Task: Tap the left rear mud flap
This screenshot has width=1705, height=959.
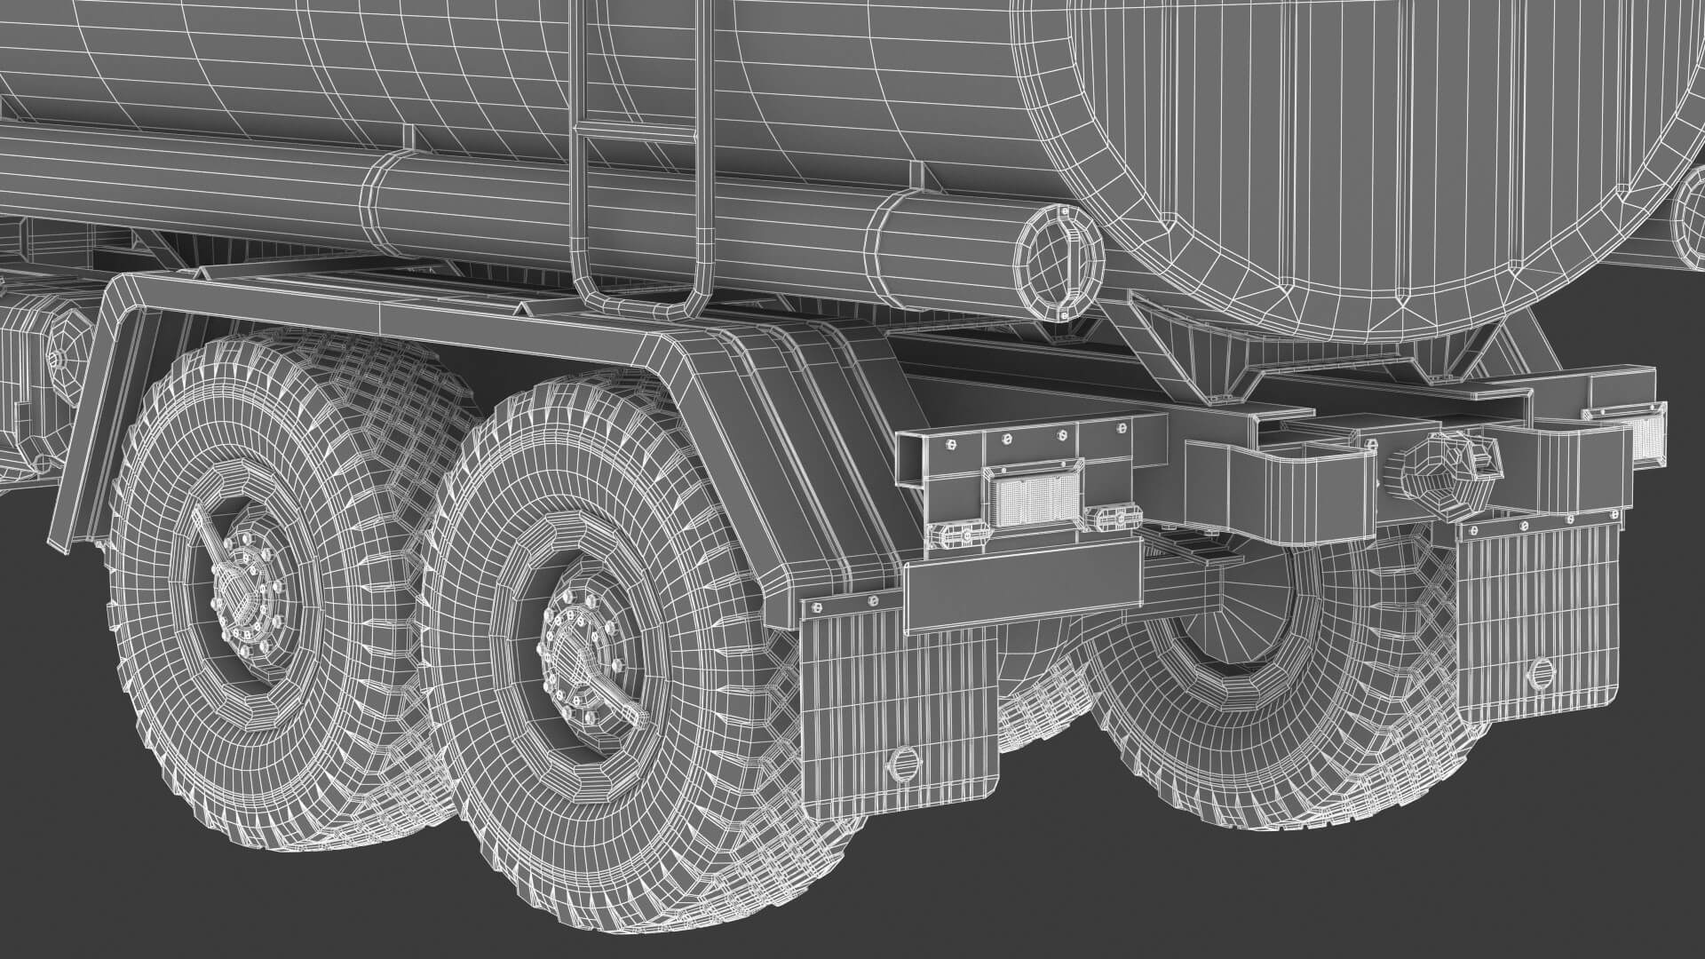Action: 897,701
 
